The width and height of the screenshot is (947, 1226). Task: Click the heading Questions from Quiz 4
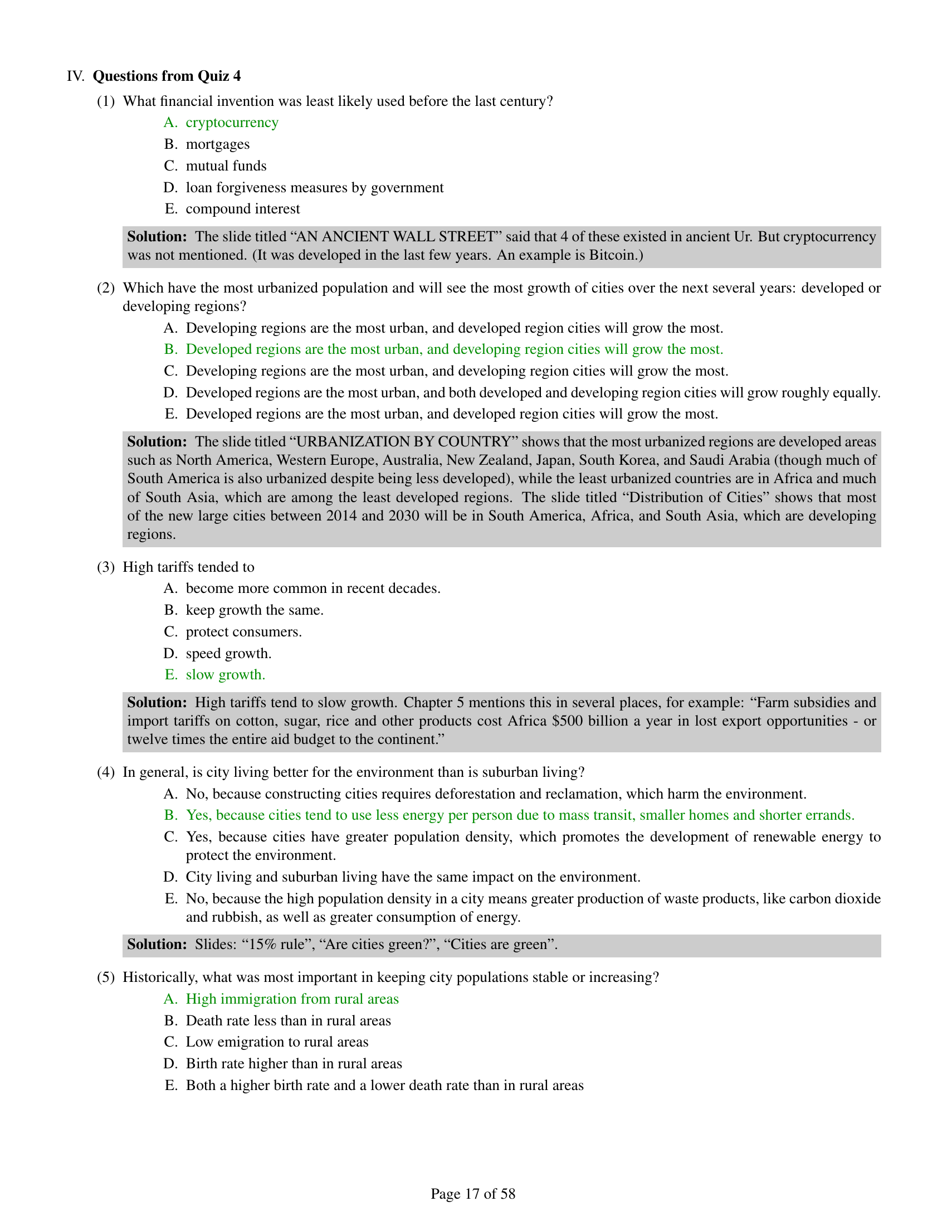166,76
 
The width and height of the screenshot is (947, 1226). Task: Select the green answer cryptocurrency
232,123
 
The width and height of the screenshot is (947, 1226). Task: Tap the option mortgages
218,144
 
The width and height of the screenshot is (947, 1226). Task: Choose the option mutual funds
226,166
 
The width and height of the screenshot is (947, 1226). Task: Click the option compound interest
242,209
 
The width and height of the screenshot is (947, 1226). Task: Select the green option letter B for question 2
170,349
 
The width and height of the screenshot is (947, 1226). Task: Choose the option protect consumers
243,631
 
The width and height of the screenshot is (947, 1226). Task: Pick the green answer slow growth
225,675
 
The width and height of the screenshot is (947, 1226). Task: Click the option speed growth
228,654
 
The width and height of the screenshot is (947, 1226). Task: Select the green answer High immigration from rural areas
292,999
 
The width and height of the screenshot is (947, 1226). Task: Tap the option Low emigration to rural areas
277,1042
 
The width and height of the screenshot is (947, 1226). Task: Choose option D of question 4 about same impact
412,877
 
